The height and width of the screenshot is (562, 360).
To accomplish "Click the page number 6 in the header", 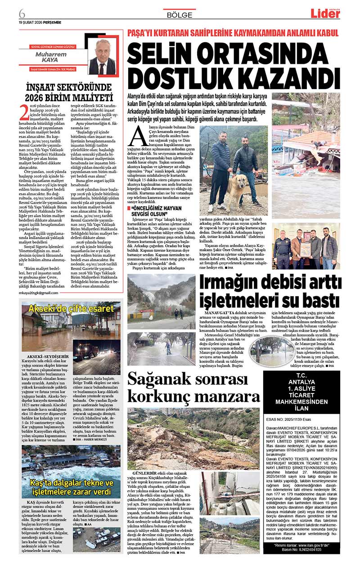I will [22, 12].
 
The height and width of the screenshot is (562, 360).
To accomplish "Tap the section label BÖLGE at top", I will [180, 14].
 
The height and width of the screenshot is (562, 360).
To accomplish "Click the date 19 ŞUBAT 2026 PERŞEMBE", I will [40, 22].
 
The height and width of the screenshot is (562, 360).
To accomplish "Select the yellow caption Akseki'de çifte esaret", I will [71, 309].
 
